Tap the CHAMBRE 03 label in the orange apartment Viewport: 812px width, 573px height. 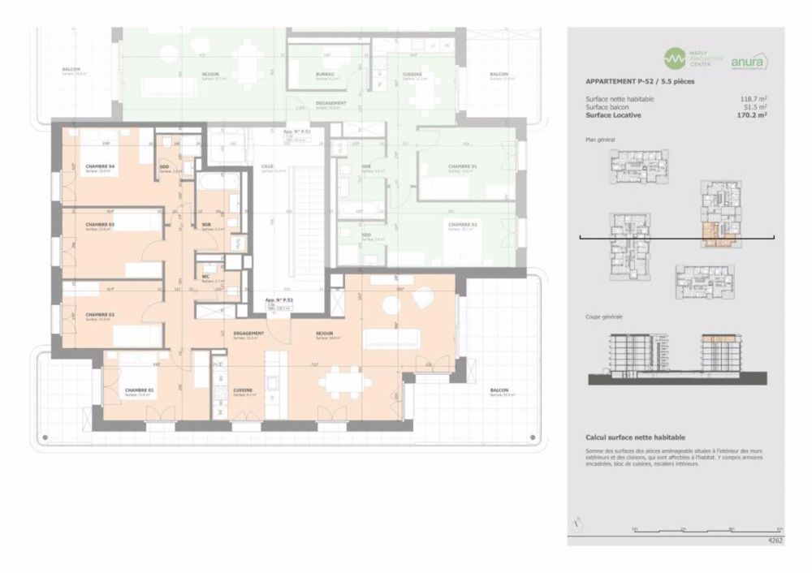tap(100, 225)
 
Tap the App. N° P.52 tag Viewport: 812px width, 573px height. tap(279, 299)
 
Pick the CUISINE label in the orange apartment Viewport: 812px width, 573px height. tap(243, 390)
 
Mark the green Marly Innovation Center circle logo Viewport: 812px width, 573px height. tap(675, 58)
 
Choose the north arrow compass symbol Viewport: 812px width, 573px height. tap(577, 523)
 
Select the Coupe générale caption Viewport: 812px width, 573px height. tap(604, 317)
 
